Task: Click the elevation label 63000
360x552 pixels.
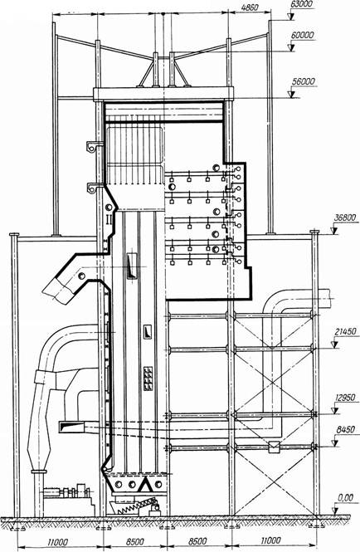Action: (302, 4)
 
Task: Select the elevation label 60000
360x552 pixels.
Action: (303, 35)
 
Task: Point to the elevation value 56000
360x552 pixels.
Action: (304, 81)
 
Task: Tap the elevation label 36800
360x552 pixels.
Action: (346, 218)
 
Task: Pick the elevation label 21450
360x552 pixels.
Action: (346, 332)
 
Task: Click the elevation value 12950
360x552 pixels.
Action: (345, 398)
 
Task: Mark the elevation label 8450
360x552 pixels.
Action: (345, 430)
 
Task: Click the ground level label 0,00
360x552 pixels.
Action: (345, 498)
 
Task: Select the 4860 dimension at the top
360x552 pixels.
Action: (251, 7)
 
